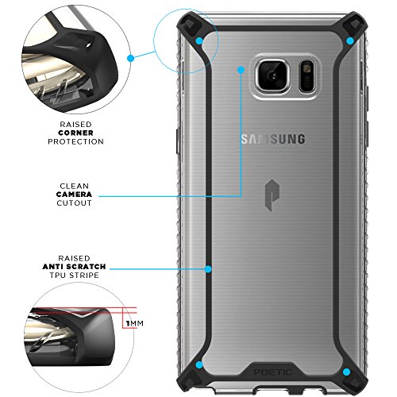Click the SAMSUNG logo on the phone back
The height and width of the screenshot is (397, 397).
pos(273,139)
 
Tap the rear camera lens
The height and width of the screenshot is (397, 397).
pos(273,75)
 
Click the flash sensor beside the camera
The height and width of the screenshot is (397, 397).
pos(307,76)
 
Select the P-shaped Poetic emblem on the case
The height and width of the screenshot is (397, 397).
pos(272,195)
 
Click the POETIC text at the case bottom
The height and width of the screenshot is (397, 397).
pos(273,372)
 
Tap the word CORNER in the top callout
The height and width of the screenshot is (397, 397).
pos(75,133)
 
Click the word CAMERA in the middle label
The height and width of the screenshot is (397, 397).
pos(74,195)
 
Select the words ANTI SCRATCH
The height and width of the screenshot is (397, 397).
pos(74,267)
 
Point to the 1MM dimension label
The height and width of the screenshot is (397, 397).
pos(135,323)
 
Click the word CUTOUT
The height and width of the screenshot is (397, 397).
pos(74,203)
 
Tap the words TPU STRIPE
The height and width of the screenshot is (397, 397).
pos(75,276)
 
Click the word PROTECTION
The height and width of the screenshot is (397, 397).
pos(75,141)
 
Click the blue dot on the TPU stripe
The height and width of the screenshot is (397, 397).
pos(208,269)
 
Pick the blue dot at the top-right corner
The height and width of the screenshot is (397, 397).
pos(350,41)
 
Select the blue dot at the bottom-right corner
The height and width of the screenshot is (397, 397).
pos(346,372)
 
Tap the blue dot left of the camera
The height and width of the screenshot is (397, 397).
pos(241,70)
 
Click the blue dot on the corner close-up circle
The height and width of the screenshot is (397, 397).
pos(130,58)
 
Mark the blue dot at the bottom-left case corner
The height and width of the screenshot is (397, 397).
pos(199,364)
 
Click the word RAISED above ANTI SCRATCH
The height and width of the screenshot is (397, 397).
pos(75,258)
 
